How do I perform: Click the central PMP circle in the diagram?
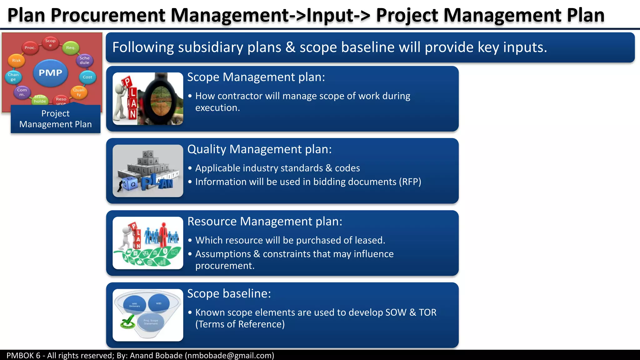pyautogui.click(x=50, y=73)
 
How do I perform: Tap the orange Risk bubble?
pyautogui.click(x=16, y=60)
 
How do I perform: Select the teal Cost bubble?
pyautogui.click(x=87, y=77)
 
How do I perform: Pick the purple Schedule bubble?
pyautogui.click(x=84, y=60)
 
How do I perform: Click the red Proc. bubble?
pyautogui.click(x=30, y=47)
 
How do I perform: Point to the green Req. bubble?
pyautogui.click(x=71, y=47)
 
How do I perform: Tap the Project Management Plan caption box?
pyautogui.click(x=56, y=119)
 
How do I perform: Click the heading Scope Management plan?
pyautogui.click(x=256, y=77)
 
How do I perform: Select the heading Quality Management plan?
pyautogui.click(x=259, y=149)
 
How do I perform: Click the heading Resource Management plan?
pyautogui.click(x=265, y=222)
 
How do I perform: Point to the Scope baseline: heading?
pyautogui.click(x=229, y=294)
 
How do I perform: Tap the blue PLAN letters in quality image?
pyautogui.click(x=156, y=183)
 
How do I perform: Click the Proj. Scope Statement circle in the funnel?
pyautogui.click(x=151, y=322)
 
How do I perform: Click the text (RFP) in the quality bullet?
pyautogui.click(x=410, y=182)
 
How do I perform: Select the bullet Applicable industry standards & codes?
pyautogui.click(x=277, y=168)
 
